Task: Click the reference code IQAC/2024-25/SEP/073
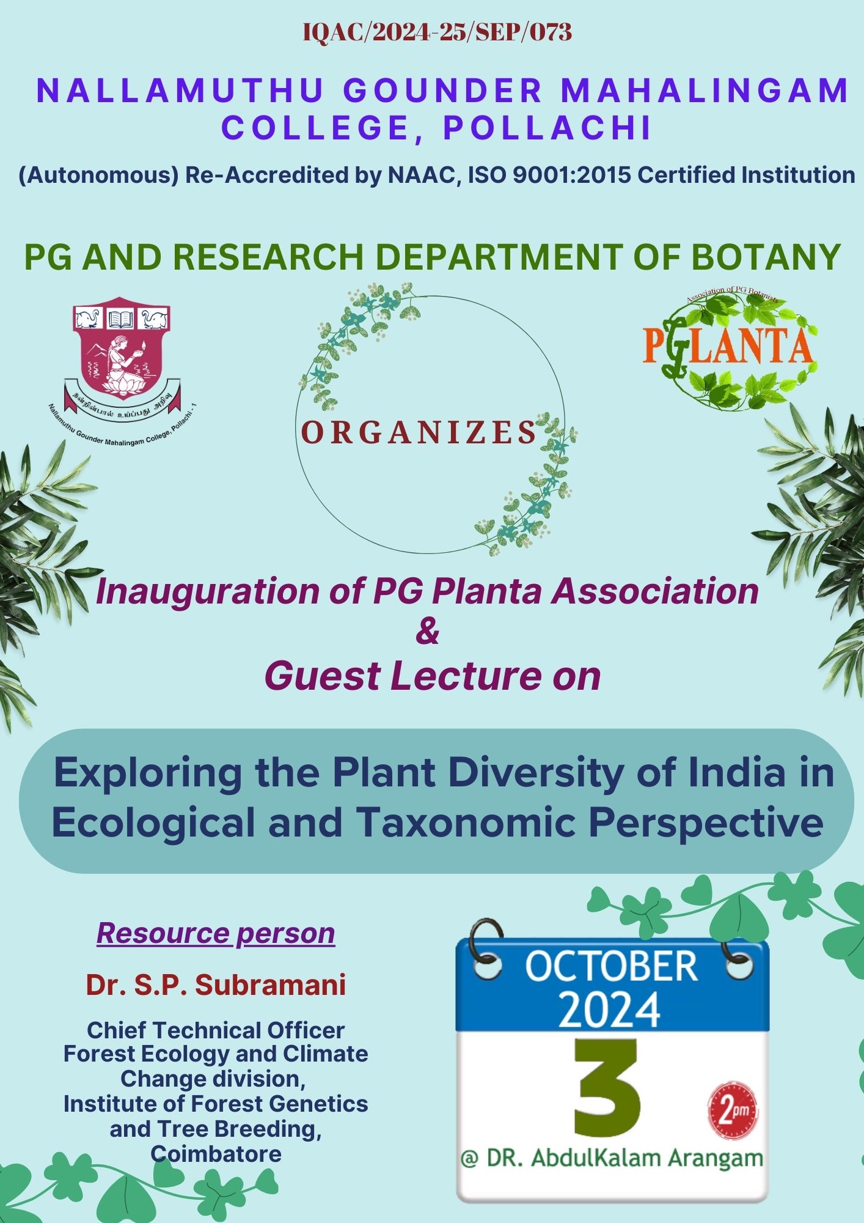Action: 437,32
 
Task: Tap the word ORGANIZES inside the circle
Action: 419,432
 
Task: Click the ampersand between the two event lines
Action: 427,632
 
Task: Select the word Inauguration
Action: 208,593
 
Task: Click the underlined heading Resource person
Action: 216,934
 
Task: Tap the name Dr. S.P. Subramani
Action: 216,985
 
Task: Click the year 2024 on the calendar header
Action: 609,1010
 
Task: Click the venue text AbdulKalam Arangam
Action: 647,1158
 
